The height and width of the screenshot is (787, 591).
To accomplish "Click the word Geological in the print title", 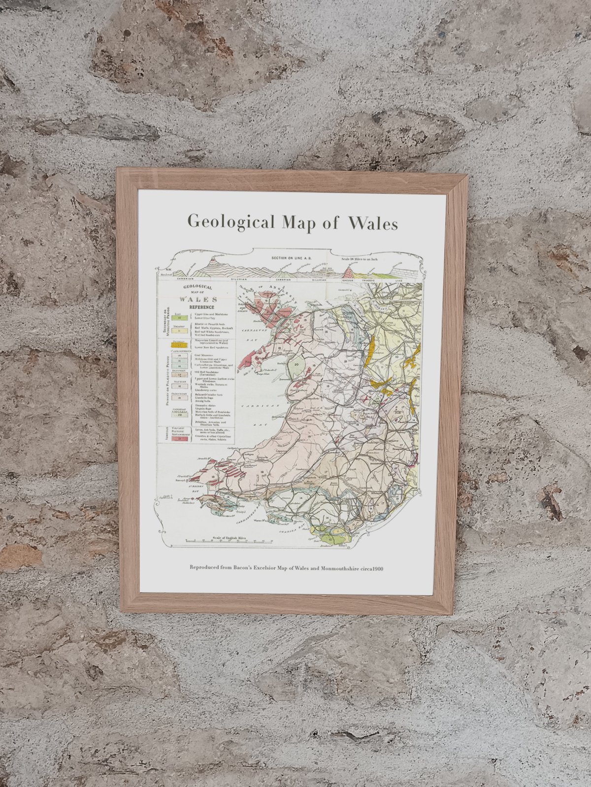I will pyautogui.click(x=230, y=222).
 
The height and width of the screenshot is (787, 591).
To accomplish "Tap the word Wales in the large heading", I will pyautogui.click(x=373, y=223).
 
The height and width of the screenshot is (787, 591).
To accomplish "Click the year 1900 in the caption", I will pyautogui.click(x=378, y=569).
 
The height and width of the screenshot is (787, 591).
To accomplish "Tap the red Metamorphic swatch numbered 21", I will pyautogui.click(x=175, y=438).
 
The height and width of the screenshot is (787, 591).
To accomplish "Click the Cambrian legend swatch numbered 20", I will pyautogui.click(x=176, y=415).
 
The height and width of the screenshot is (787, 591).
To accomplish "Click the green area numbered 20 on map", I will pyautogui.click(x=296, y=365).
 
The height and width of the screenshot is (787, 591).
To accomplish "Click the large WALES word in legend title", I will pyautogui.click(x=197, y=299).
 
